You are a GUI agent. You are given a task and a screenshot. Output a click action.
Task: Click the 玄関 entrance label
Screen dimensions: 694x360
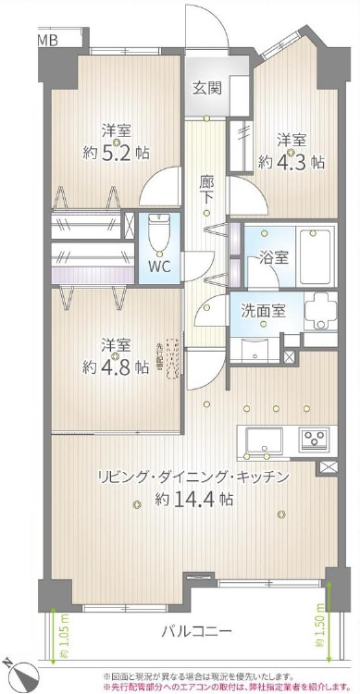click(205, 89)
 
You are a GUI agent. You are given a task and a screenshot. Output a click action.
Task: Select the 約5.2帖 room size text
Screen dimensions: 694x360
click(116, 153)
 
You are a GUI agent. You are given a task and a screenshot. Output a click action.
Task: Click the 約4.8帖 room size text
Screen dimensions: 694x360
click(115, 366)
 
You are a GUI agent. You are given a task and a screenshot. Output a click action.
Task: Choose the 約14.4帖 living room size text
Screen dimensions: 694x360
click(193, 499)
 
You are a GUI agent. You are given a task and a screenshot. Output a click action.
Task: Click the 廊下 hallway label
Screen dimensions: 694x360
click(208, 190)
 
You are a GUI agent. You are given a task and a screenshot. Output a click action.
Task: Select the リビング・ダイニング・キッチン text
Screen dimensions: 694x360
click(193, 477)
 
